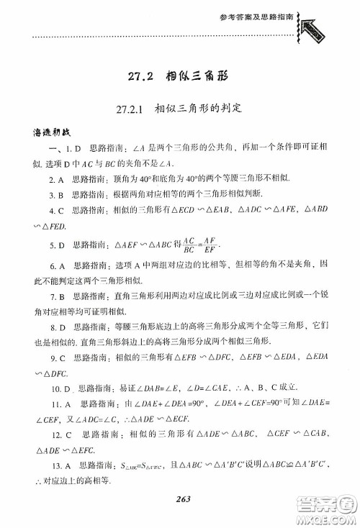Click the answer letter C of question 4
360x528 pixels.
(62, 211)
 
